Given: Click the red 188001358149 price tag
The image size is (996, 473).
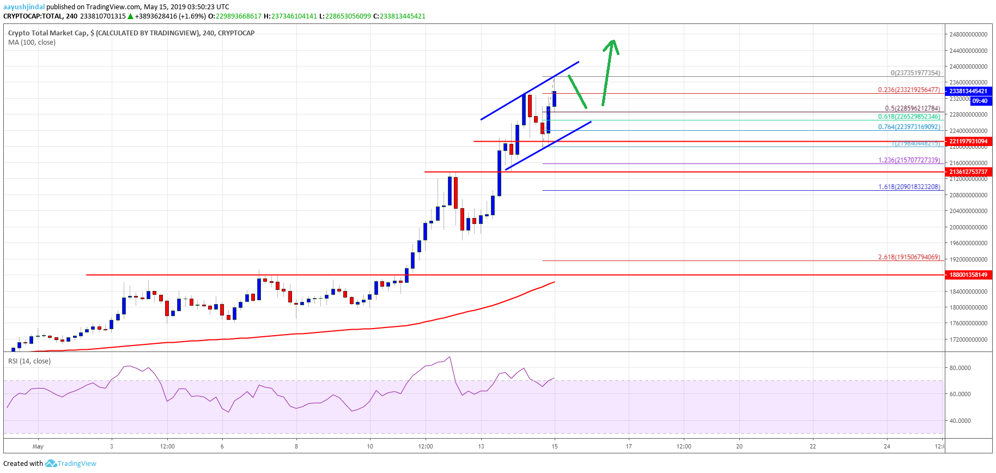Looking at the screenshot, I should (x=968, y=275).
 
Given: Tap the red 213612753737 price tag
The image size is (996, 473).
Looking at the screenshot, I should (x=968, y=172).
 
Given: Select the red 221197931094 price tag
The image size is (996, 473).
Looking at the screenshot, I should (x=968, y=141).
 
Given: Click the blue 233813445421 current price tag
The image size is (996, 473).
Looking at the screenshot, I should (x=968, y=91).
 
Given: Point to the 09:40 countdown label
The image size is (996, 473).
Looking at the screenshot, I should (x=980, y=101).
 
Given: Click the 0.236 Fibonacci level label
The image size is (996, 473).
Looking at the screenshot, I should (x=909, y=90).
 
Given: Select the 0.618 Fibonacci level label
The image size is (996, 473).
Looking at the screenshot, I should (x=909, y=117).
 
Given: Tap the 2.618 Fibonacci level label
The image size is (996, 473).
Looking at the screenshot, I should (x=909, y=257).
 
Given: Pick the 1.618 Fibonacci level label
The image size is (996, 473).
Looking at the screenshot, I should (x=909, y=187).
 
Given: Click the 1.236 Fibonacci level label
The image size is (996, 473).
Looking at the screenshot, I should (x=909, y=160).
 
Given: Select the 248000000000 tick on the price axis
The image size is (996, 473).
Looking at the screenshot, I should (x=968, y=34).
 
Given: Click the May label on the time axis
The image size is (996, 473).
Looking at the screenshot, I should (x=38, y=446).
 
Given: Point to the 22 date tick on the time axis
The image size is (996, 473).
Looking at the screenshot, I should (x=813, y=446).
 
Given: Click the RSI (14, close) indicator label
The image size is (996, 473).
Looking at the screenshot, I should (x=29, y=361).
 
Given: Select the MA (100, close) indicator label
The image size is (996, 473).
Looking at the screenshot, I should (x=32, y=43).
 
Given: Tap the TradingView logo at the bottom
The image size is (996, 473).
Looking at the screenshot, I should (x=71, y=464).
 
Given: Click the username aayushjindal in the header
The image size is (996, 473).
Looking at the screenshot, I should (x=24, y=7).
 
